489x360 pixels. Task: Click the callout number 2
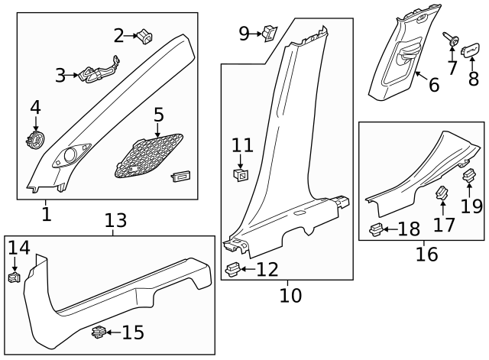(118, 34)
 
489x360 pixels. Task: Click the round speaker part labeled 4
(35, 141)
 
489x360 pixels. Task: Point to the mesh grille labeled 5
(150, 157)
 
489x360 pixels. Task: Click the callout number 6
(433, 85)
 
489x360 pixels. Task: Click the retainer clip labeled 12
(235, 268)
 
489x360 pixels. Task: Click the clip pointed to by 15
(99, 332)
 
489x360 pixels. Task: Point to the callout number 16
(426, 254)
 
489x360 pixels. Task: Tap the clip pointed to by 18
(377, 228)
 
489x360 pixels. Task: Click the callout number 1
(47, 213)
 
